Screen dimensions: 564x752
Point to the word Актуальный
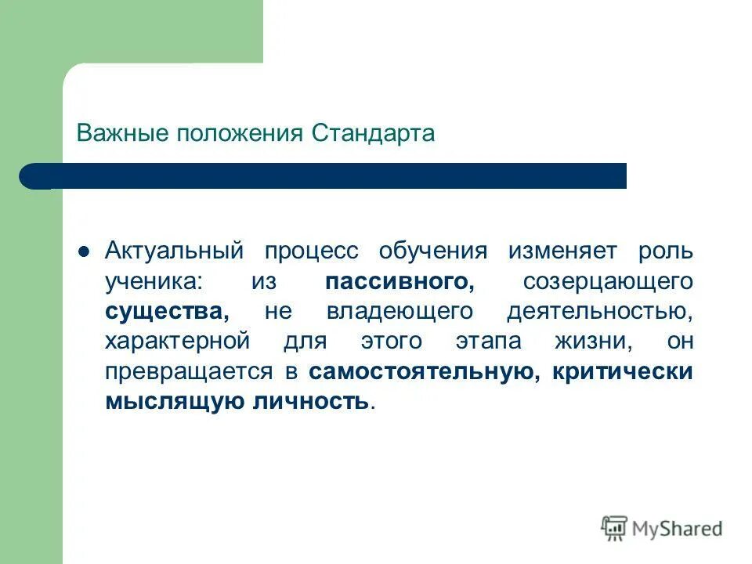coord(175,251)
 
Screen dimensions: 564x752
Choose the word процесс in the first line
coord(311,251)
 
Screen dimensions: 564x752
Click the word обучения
coord(432,251)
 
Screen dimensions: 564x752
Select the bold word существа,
coord(167,311)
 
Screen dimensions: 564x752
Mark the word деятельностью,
coord(600,311)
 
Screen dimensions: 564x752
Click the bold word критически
coord(622,371)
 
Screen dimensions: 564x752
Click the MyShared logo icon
coord(614,529)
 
